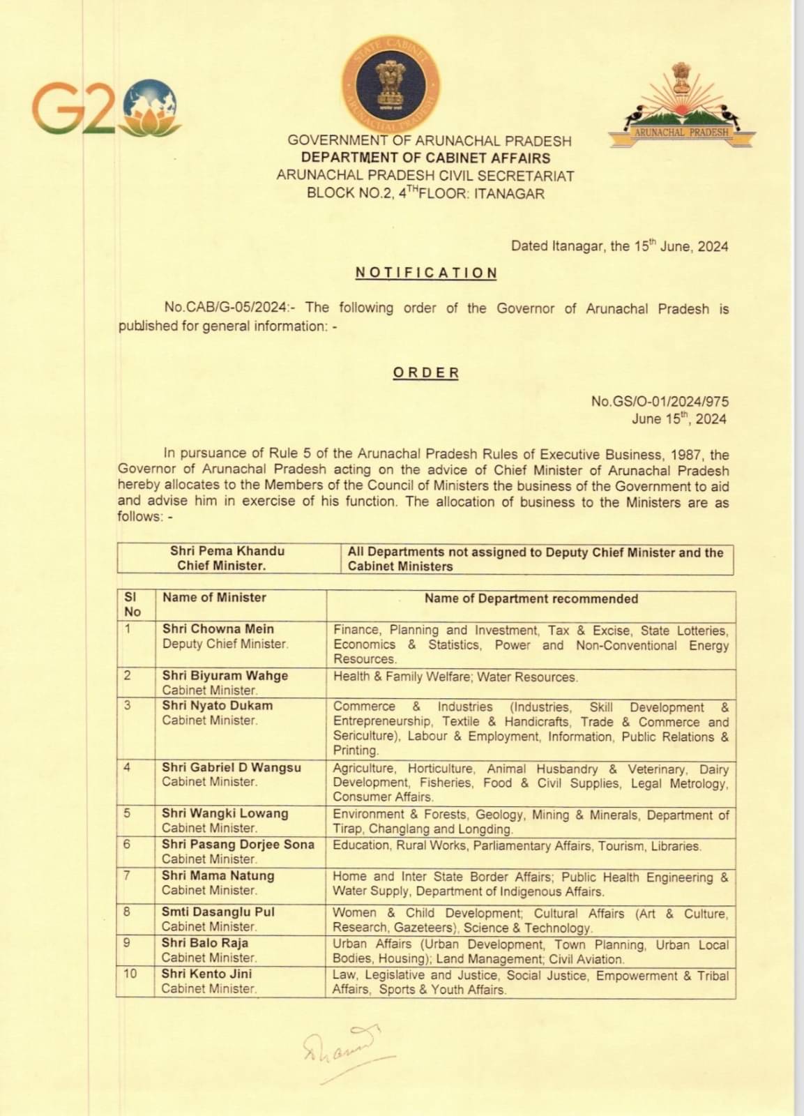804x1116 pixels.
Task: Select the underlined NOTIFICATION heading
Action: coord(426,273)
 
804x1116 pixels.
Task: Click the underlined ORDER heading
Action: coord(426,372)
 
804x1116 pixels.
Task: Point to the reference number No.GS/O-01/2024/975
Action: coord(660,401)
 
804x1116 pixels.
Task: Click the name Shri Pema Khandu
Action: coord(227,551)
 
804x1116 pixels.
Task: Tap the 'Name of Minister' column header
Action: coord(215,598)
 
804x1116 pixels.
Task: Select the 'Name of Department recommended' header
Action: coord(531,598)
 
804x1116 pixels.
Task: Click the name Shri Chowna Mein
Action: coord(218,629)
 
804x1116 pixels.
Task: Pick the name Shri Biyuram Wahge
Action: coord(225,675)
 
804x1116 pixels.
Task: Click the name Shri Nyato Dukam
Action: coord(218,705)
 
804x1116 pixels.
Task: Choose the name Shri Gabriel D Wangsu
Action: coord(232,767)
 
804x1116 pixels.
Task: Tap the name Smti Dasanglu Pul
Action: coord(218,912)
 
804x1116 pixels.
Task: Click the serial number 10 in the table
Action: coord(130,973)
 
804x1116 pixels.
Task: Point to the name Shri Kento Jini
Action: coord(207,974)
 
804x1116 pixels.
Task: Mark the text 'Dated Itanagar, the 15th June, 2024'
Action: coord(619,246)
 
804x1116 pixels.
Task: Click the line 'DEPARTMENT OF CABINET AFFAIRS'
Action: coord(425,158)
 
